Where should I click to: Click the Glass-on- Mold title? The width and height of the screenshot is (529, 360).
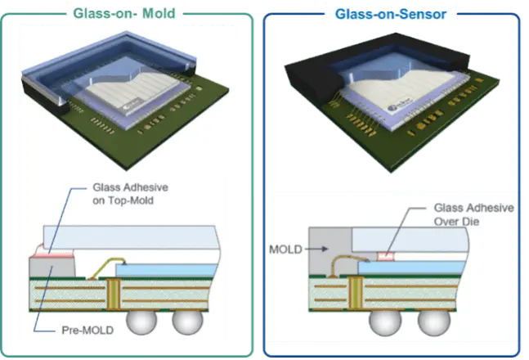pos(124,14)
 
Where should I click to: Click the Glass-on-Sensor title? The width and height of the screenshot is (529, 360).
pos(391,14)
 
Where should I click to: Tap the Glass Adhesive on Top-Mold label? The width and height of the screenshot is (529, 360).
pos(130,194)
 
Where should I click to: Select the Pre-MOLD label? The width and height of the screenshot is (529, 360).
pos(87,330)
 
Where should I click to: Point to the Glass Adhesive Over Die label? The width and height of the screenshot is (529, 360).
pos(473,214)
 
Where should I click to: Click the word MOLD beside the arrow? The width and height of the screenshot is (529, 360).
pos(285,250)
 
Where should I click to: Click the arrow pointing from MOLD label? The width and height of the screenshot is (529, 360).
pos(316,250)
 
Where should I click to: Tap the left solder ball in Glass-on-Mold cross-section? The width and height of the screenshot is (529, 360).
pos(141,321)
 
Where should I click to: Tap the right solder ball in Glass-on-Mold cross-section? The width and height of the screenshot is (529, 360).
pos(187,321)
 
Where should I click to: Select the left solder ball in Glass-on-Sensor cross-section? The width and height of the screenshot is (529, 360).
pos(385,322)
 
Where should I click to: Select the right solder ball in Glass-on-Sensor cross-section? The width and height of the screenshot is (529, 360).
pos(434,322)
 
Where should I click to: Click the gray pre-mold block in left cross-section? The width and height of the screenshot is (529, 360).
pos(52,267)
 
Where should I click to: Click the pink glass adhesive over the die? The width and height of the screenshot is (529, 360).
pos(386,257)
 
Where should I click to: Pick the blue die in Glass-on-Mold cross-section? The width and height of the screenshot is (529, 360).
pos(166,270)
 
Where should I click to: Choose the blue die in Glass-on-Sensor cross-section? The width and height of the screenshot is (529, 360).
pos(412,268)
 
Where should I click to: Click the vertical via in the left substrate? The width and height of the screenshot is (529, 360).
pos(114,294)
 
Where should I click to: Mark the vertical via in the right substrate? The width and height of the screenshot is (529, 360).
pos(355,292)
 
